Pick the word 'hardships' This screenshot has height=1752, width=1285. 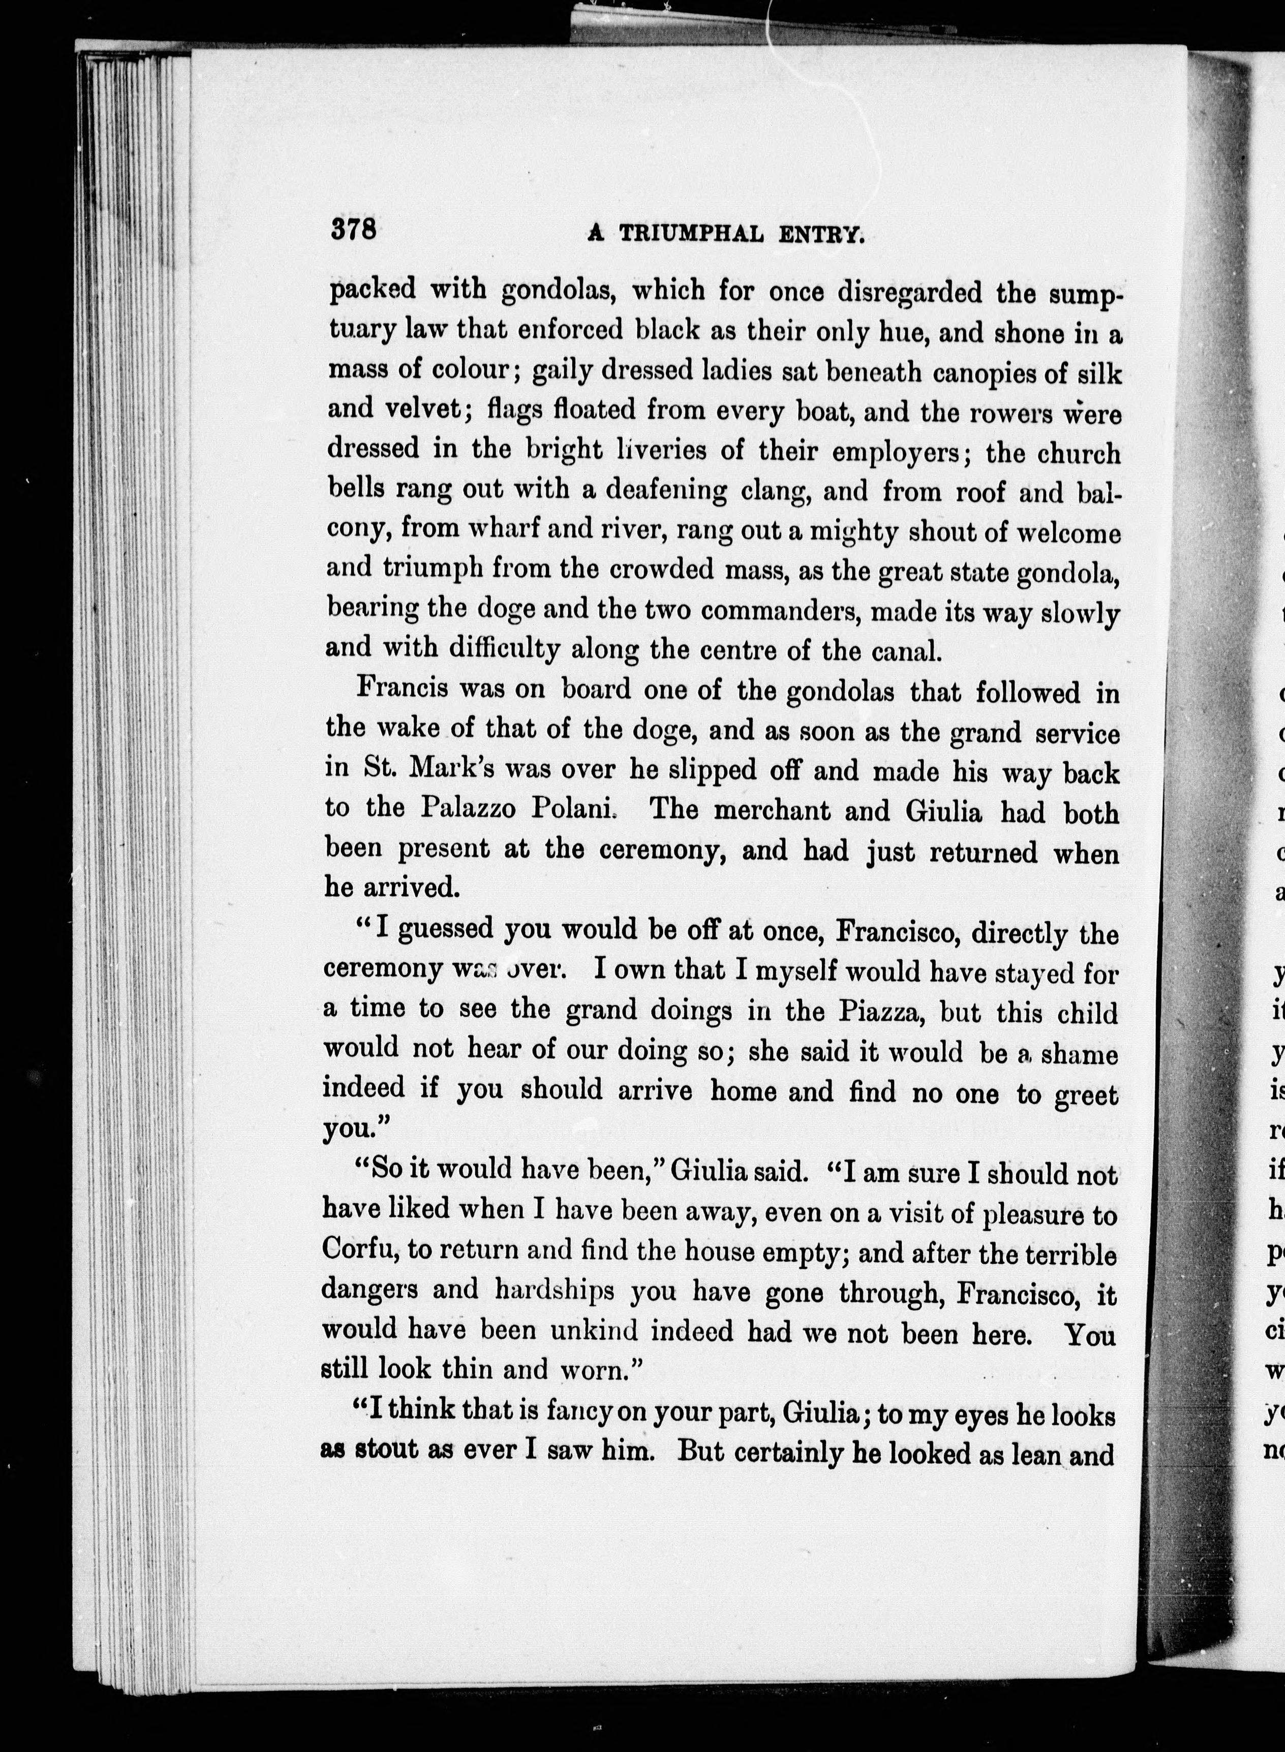(x=555, y=1292)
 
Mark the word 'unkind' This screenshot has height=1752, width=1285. (x=595, y=1332)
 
